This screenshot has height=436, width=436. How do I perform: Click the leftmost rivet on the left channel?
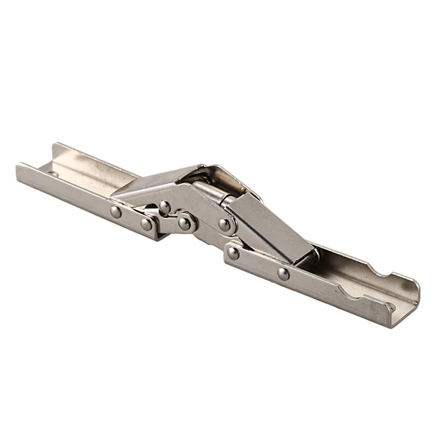point(116,212)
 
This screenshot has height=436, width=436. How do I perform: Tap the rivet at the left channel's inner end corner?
point(146,223)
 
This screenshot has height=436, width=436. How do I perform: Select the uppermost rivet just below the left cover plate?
point(163,206)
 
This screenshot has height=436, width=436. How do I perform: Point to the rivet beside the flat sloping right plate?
point(223,223)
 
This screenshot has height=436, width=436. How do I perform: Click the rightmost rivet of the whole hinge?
point(282,272)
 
